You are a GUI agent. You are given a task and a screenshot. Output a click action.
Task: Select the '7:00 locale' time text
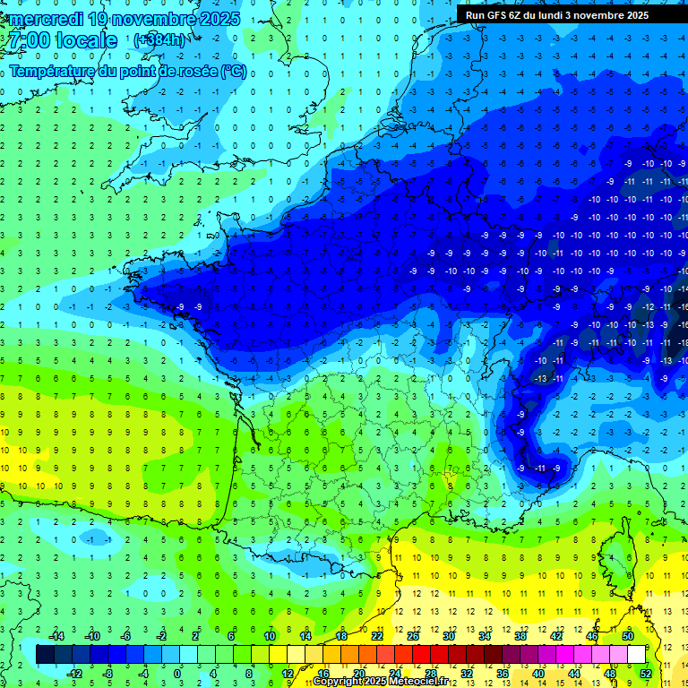pyautogui.click(x=62, y=41)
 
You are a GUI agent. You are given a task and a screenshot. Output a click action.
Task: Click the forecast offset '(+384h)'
pyautogui.click(x=159, y=40)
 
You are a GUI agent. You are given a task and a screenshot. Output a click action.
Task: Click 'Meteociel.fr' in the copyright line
pyautogui.click(x=427, y=682)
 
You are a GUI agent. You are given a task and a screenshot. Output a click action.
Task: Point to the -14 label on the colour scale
pyautogui.click(x=56, y=635)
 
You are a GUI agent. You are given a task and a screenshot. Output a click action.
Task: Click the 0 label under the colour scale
pyautogui.click(x=177, y=673)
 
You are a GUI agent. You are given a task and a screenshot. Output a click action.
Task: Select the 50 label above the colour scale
pyautogui.click(x=627, y=635)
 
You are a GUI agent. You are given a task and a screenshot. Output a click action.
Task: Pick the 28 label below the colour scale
pyautogui.click(x=430, y=673)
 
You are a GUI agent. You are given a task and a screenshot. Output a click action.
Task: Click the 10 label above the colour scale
pyautogui.click(x=269, y=635)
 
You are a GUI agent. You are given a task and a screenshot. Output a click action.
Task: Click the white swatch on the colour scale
pyautogui.click(x=636, y=654)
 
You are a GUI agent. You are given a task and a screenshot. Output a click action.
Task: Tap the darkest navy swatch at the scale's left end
pyautogui.click(x=45, y=654)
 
